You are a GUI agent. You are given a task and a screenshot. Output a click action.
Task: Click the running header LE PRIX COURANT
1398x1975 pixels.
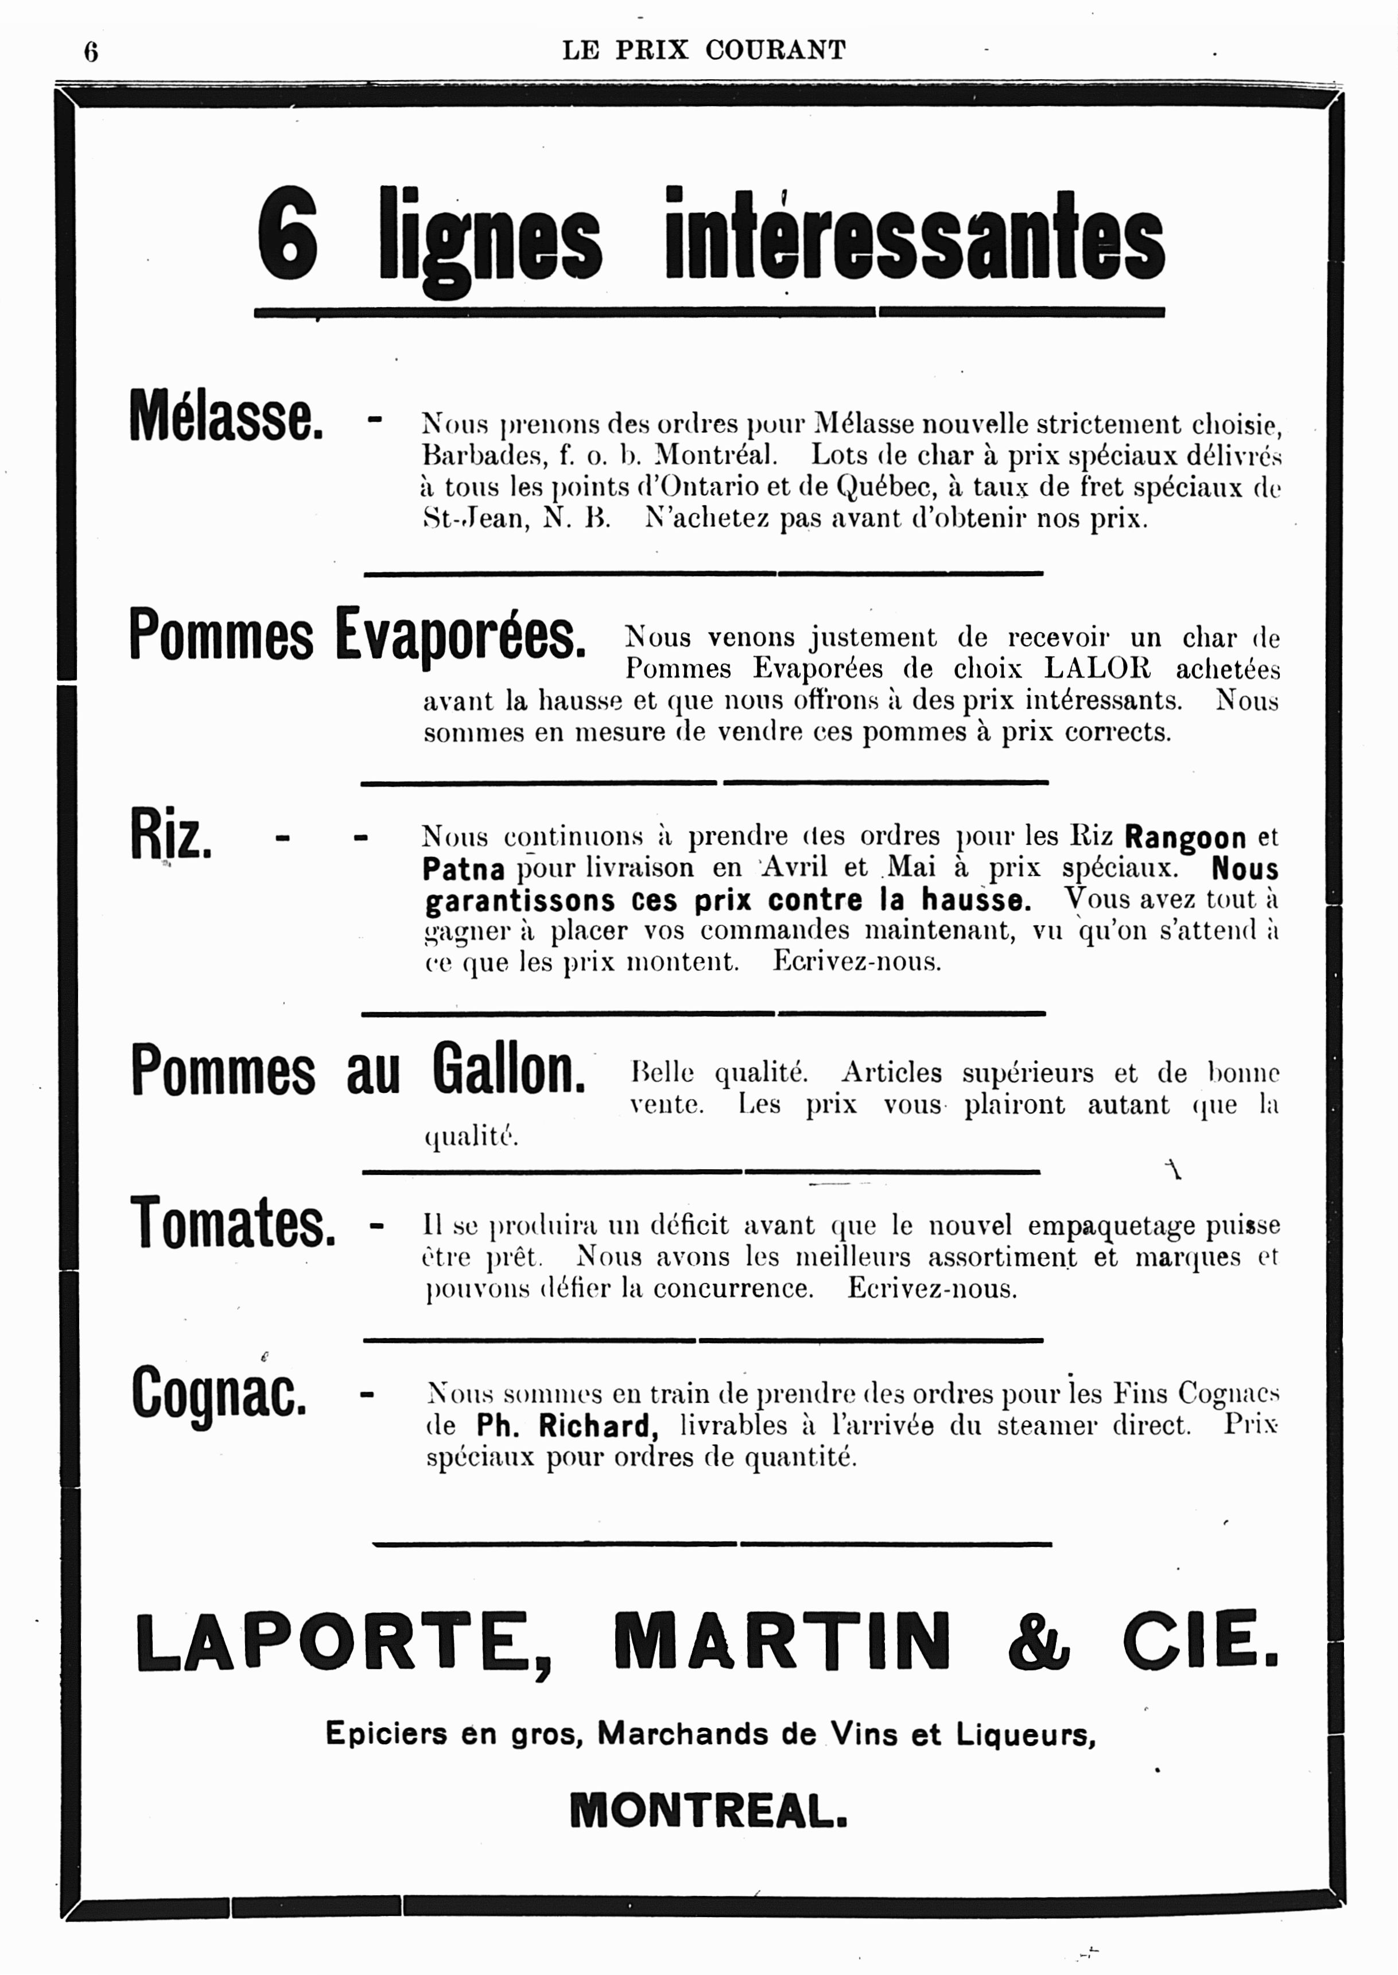[704, 50]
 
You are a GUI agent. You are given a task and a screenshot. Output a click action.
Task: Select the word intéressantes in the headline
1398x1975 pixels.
[914, 236]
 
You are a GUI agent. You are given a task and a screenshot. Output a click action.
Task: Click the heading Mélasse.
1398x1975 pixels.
[226, 416]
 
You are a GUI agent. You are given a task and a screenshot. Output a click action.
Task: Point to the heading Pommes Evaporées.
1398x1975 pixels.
[357, 635]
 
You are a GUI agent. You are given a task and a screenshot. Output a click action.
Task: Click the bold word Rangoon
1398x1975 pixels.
[1186, 837]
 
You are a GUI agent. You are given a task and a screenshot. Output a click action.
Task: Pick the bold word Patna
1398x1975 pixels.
[463, 869]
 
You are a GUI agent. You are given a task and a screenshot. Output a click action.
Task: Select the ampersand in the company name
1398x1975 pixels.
[1038, 1641]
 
